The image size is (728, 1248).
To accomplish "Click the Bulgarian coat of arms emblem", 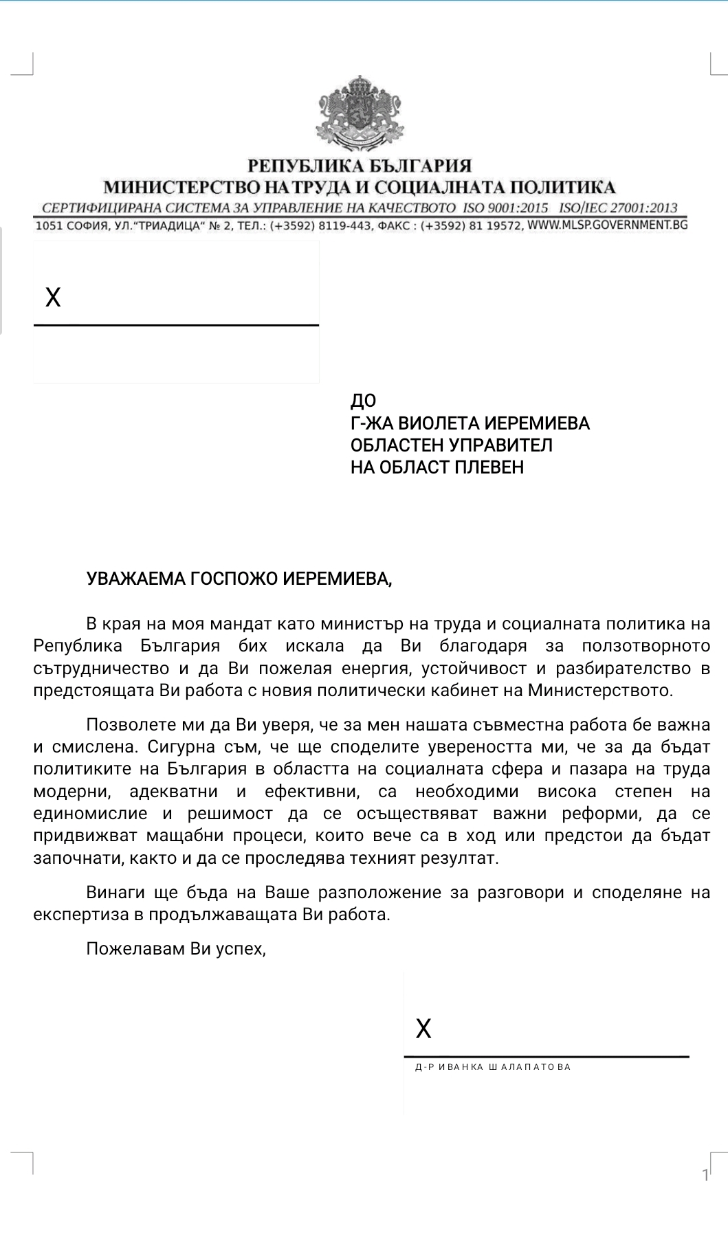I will click(x=360, y=115).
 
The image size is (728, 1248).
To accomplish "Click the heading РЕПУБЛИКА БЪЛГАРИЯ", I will click(x=360, y=166).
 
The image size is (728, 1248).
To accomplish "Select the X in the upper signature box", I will click(x=53, y=297).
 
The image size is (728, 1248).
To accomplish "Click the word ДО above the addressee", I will click(x=363, y=401).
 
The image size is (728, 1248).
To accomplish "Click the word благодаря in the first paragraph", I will click(x=483, y=646).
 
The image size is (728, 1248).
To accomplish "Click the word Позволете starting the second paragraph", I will click(x=129, y=724).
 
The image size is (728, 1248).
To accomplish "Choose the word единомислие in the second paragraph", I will click(x=90, y=814).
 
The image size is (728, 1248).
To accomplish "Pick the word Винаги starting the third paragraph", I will click(x=114, y=892).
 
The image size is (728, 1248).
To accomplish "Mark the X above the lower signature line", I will click(x=423, y=1028).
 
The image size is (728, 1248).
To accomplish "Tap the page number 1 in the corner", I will click(x=705, y=1174).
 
